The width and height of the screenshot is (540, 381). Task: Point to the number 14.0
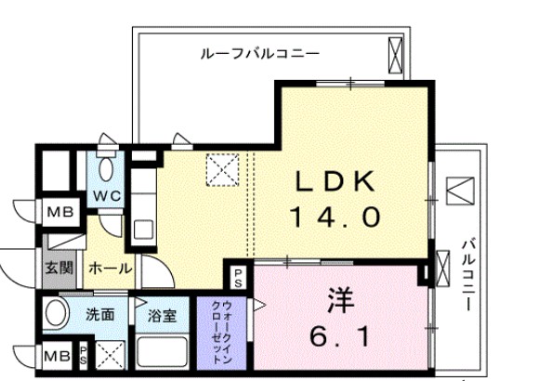336,217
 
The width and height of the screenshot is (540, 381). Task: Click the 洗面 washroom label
101,314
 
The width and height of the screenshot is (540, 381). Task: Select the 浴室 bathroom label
162,315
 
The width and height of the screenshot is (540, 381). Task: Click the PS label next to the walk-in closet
237,275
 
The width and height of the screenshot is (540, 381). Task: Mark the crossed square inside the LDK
222,169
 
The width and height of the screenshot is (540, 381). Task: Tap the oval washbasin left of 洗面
57,312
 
